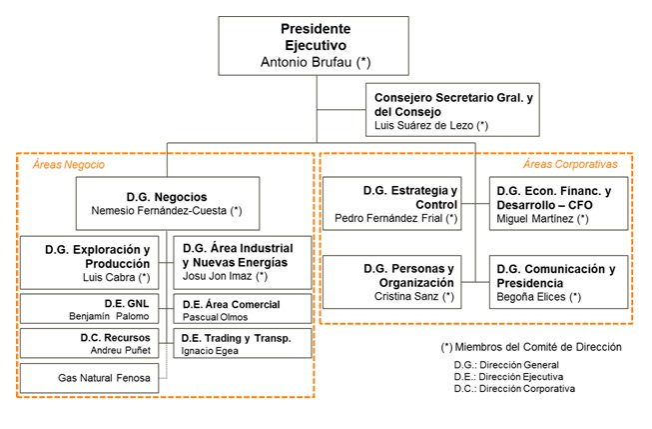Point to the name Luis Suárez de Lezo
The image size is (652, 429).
(424, 125)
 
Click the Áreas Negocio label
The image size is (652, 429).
(69, 164)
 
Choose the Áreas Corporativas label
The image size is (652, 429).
(570, 164)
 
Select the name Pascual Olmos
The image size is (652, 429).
(215, 317)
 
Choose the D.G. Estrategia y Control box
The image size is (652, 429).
(396, 203)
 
